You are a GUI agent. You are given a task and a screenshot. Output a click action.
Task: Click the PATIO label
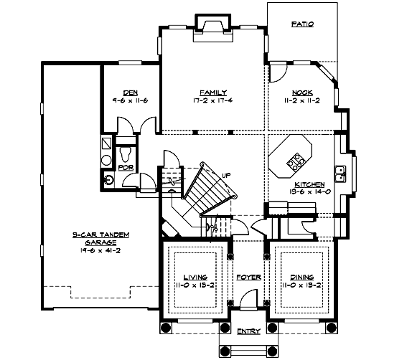(302, 24)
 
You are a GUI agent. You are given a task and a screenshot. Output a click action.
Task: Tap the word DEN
(130, 92)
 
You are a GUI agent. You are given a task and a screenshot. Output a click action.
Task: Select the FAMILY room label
(213, 92)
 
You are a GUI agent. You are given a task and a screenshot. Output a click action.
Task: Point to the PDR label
(126, 168)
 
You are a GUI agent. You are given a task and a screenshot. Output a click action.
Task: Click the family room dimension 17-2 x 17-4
(213, 100)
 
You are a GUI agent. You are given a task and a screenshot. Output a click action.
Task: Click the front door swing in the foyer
(248, 299)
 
